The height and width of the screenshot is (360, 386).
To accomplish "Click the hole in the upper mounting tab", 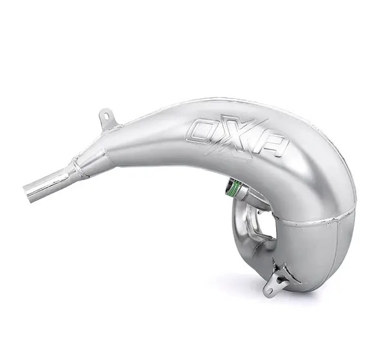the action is pyautogui.click(x=106, y=114).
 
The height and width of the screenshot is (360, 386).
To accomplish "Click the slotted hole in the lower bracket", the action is pyautogui.click(x=268, y=290).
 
